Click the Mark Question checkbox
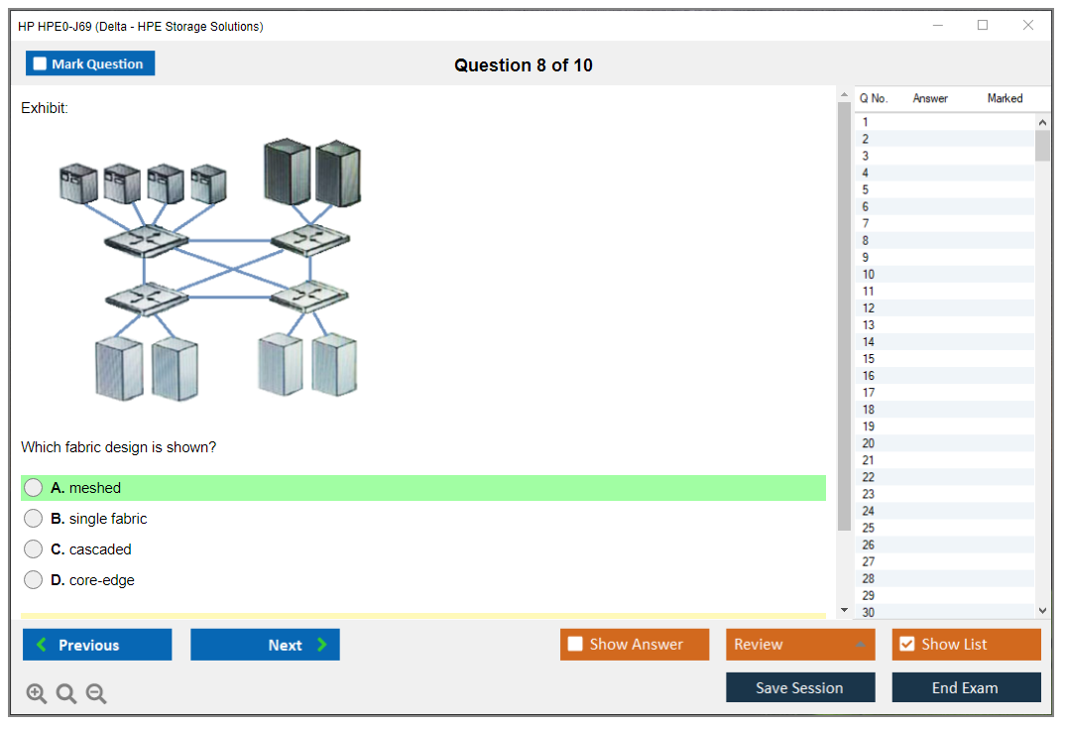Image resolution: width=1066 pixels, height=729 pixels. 41,64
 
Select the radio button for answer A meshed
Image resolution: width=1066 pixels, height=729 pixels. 34,488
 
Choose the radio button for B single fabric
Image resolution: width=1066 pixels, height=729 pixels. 34,519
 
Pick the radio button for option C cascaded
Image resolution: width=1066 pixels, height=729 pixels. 34,549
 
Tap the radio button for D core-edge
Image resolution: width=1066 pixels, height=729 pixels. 34,580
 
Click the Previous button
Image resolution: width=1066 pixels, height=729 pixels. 97,645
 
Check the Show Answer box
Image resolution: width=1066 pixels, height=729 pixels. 575,645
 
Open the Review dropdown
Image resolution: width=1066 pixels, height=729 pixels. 800,645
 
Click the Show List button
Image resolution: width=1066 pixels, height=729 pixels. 966,645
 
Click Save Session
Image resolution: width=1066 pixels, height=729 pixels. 800,687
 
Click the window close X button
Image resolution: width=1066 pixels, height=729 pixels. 1028,26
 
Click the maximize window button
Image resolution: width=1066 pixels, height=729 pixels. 983,26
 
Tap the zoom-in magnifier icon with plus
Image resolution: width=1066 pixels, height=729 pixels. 37,694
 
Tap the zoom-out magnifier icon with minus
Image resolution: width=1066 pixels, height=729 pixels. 96,694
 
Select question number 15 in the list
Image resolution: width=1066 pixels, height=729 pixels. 869,359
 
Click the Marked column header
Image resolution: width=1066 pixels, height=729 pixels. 1005,98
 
